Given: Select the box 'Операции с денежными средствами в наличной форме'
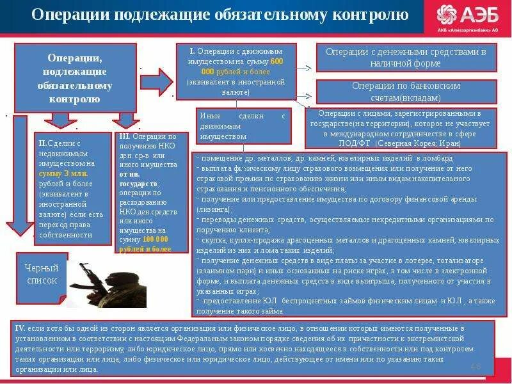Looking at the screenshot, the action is [405, 58].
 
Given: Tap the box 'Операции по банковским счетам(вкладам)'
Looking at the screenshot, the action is [405, 92].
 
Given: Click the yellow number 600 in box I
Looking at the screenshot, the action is [276, 61].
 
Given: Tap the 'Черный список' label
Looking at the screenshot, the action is [42, 274].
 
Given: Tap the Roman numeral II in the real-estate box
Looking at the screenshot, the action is [42, 144].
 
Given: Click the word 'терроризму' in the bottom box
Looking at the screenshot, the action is [154, 348].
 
